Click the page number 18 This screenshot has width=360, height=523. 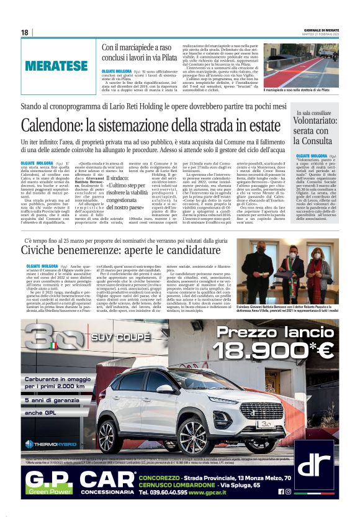[x=25, y=32]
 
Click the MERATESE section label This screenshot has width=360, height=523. [x=56, y=65]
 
